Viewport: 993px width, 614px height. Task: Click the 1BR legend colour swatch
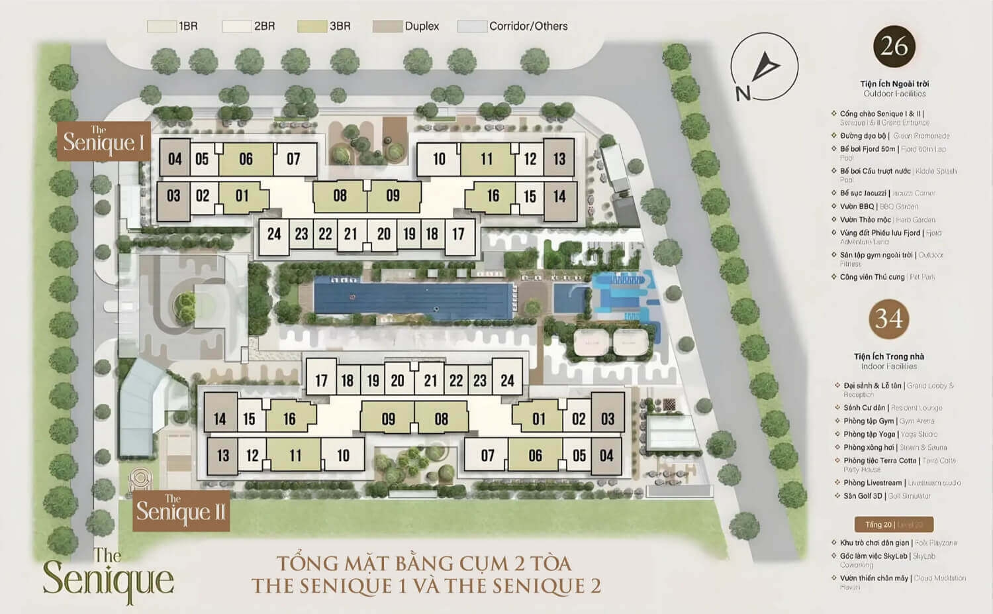161,26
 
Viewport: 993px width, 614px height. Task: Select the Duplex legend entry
406,26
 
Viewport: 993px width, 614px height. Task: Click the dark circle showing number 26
894,46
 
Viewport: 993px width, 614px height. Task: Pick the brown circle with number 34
888,319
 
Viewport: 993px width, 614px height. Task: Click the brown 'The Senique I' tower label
103,141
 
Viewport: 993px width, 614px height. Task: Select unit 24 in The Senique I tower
273,234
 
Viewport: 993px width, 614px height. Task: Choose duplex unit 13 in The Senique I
559,159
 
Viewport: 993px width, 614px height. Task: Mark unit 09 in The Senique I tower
393,196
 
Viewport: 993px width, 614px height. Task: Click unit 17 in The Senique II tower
321,380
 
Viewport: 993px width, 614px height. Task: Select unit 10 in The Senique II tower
343,456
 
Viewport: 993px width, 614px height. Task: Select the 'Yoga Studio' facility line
890,435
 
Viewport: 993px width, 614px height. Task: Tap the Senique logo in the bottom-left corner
108,574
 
